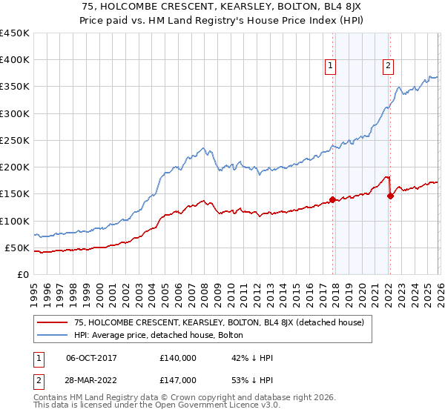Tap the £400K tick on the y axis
tap(15, 60)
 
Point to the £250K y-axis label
tap(15, 140)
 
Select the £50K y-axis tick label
tap(18, 248)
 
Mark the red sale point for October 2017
tap(332, 199)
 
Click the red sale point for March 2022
tap(390, 196)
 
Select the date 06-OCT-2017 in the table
tap(93, 358)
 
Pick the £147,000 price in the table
tap(177, 379)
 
